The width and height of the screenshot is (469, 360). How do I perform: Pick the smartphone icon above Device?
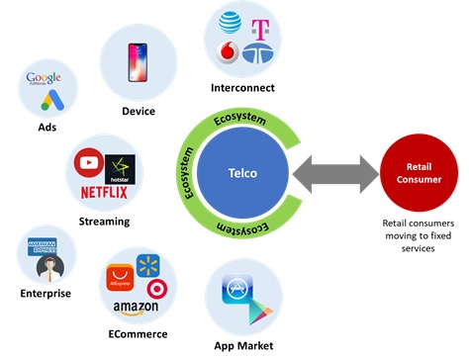138,62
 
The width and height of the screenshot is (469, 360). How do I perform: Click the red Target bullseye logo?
155,289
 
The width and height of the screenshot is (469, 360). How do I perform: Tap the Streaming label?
104,221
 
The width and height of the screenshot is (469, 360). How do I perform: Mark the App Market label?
243,344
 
